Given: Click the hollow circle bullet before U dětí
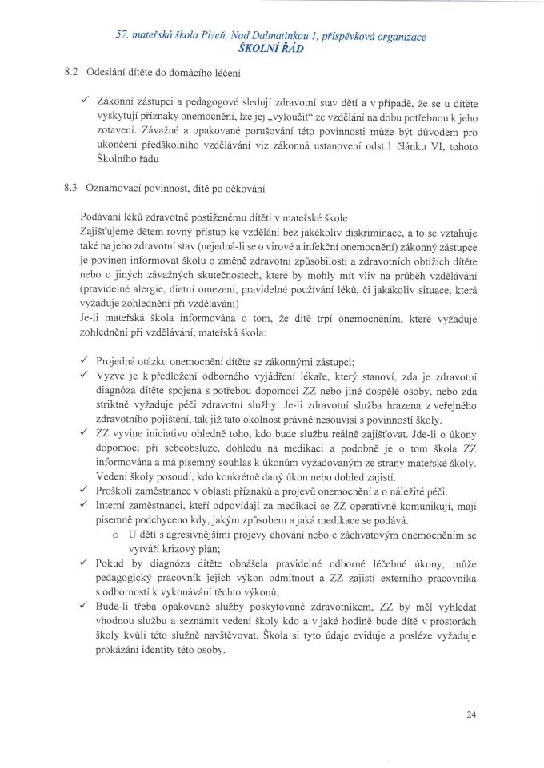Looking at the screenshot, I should tap(118, 533).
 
